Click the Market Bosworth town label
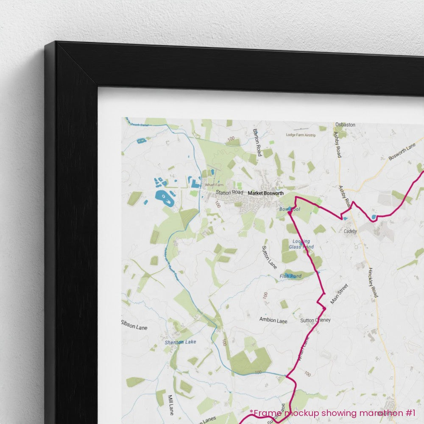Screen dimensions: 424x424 pos(265,193)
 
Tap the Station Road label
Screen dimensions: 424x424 pos(229,192)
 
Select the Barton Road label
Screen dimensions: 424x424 pos(257,142)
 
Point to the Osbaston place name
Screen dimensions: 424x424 pos(345,125)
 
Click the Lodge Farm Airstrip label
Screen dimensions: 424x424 pos(301,135)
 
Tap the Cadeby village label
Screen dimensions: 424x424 pos(351,232)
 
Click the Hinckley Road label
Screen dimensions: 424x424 pos(373,282)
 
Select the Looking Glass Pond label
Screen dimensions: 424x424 pos(301,244)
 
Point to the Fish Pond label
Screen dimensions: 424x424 pos(290,276)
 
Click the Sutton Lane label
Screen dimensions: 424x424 pos(269,257)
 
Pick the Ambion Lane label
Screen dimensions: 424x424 pos(273,321)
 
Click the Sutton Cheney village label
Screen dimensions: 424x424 pos(315,320)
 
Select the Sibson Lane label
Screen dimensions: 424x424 pos(134,328)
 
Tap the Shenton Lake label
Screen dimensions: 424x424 pos(181,342)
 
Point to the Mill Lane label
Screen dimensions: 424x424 pos(171,404)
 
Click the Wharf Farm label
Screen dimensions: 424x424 pos(214,185)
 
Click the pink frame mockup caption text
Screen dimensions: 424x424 pos(332,413)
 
